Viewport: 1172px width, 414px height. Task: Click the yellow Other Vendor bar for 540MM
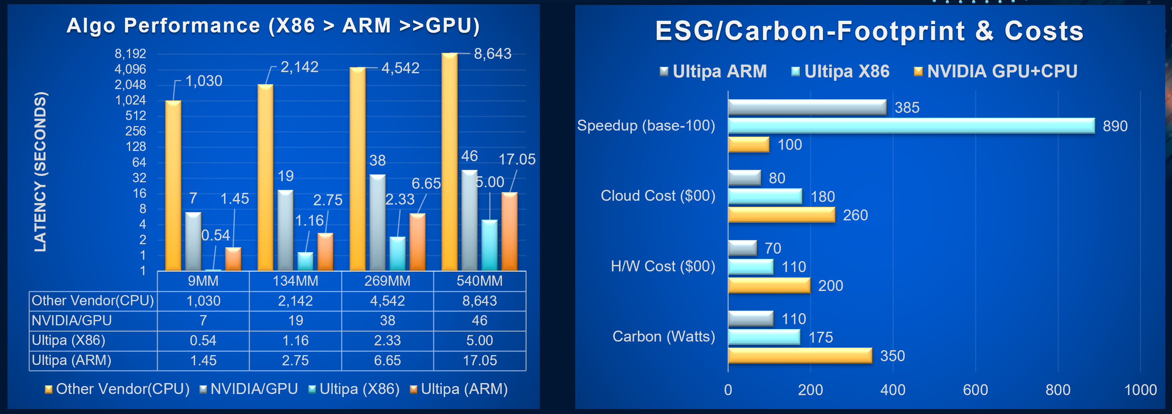[x=449, y=162]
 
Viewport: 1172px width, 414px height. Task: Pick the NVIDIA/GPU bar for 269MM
[x=377, y=222]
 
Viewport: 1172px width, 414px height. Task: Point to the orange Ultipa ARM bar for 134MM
[x=325, y=252]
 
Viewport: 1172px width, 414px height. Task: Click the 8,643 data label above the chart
[x=492, y=54]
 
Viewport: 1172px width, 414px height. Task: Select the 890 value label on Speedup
[x=1115, y=126]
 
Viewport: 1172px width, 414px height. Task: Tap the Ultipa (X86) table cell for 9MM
[x=203, y=340]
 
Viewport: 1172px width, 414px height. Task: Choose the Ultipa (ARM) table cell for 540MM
[x=480, y=360]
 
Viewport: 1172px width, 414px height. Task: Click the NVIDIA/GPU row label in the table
[x=72, y=321]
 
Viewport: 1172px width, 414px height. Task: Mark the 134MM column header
[x=295, y=281]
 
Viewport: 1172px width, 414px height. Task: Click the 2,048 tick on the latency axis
[x=130, y=85]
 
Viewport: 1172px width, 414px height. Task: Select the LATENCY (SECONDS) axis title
[x=40, y=172]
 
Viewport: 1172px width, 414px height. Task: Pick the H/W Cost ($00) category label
[x=662, y=266]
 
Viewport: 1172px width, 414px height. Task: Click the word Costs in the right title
[x=1044, y=31]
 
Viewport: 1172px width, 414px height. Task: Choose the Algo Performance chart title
[x=273, y=26]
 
